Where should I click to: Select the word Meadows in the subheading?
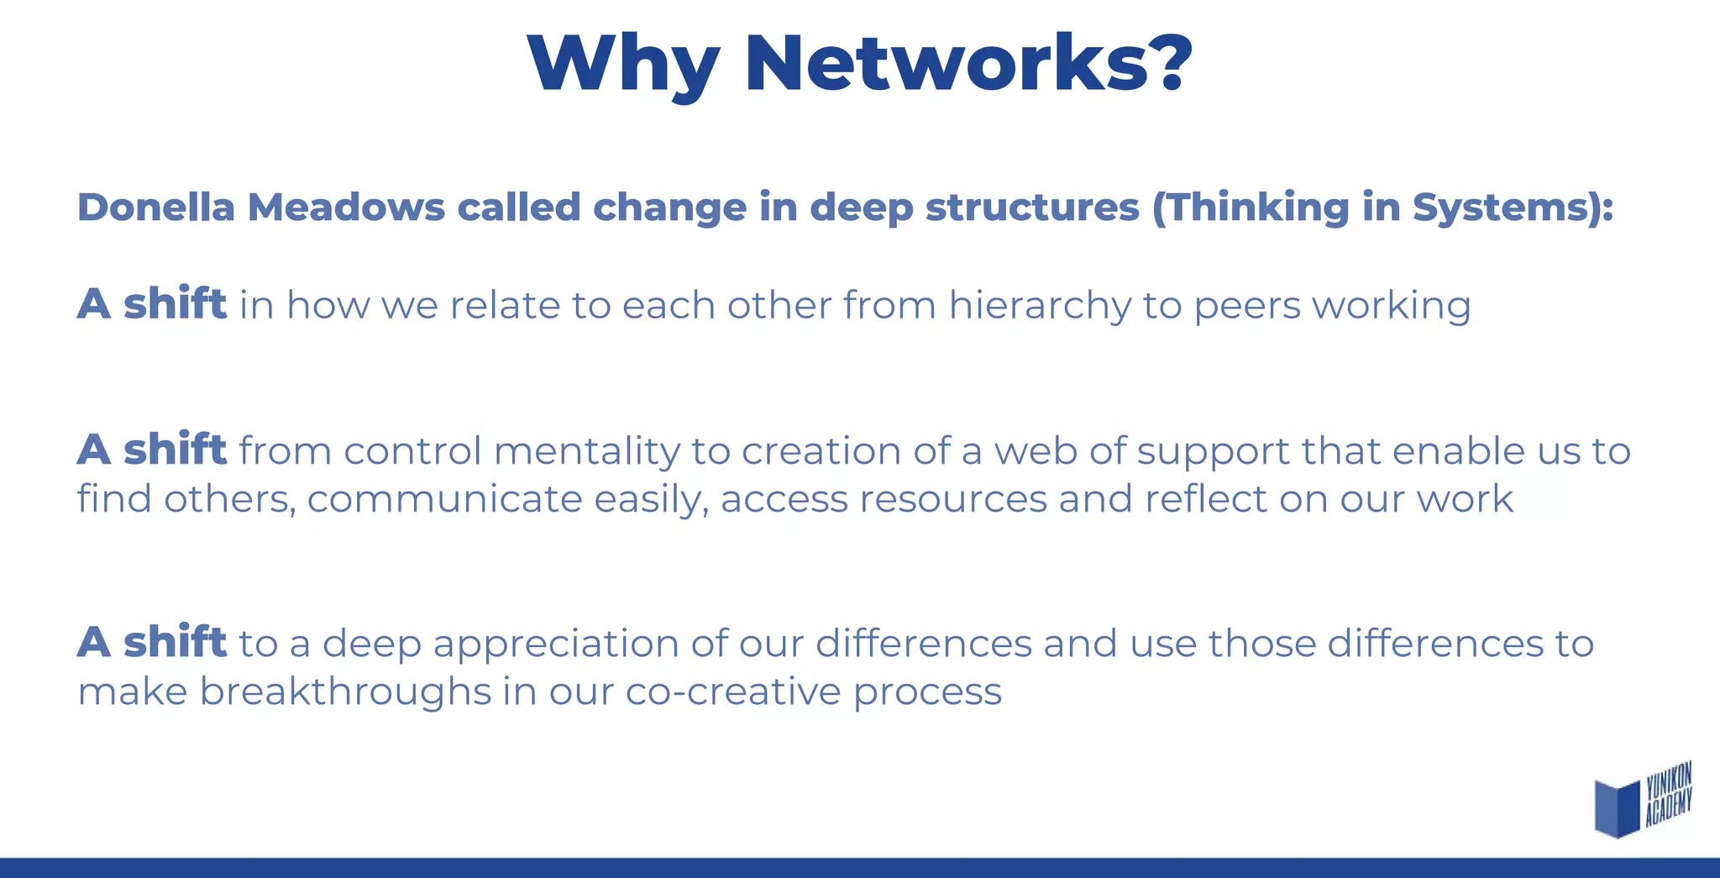tap(345, 208)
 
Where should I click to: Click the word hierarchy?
tap(1040, 306)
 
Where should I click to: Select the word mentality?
tap(586, 452)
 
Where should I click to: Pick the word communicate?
tap(444, 499)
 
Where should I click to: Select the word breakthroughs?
tap(345, 692)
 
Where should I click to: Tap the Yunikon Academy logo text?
tap(1668, 793)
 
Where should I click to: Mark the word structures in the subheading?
tap(1032, 208)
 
